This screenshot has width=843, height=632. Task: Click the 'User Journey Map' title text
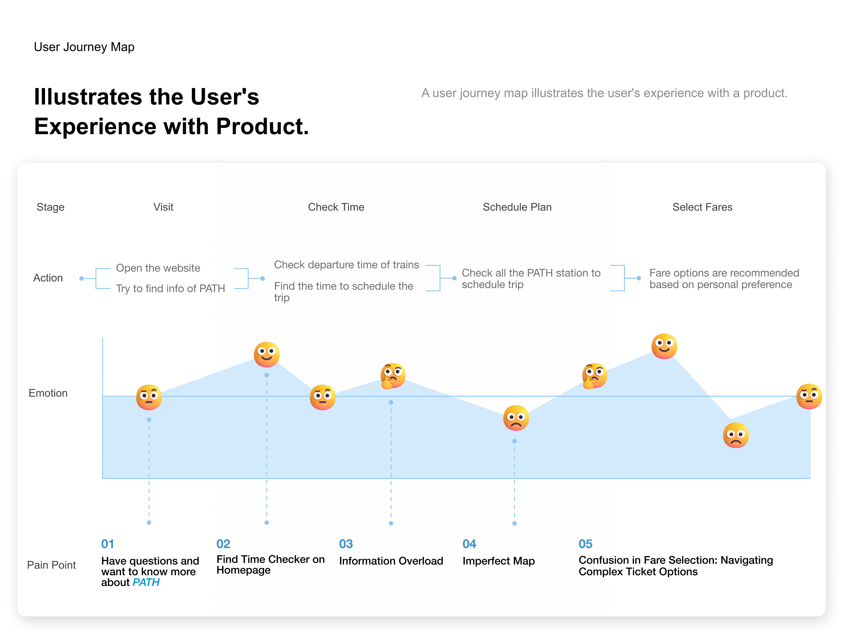(x=84, y=47)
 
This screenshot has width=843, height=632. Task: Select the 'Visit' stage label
(x=163, y=207)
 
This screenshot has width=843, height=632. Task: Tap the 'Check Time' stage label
(x=336, y=207)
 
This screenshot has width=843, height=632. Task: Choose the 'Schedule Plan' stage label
(x=517, y=207)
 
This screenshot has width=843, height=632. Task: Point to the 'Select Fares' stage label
(x=702, y=207)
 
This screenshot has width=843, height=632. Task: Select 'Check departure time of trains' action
(x=346, y=265)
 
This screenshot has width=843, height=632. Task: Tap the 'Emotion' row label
(x=48, y=393)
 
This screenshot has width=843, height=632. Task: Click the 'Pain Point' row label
(x=51, y=565)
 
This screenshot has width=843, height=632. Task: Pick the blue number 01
(x=108, y=544)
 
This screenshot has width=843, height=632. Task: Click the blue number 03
(x=346, y=544)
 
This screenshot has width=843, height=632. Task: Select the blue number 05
(x=585, y=544)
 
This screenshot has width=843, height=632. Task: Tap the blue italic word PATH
(x=146, y=582)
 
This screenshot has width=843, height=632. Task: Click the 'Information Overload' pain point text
(x=391, y=561)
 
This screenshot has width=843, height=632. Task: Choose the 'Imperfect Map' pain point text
(x=499, y=561)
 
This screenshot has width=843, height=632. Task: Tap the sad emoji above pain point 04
(x=516, y=418)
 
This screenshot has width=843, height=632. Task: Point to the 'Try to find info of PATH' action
(x=170, y=289)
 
